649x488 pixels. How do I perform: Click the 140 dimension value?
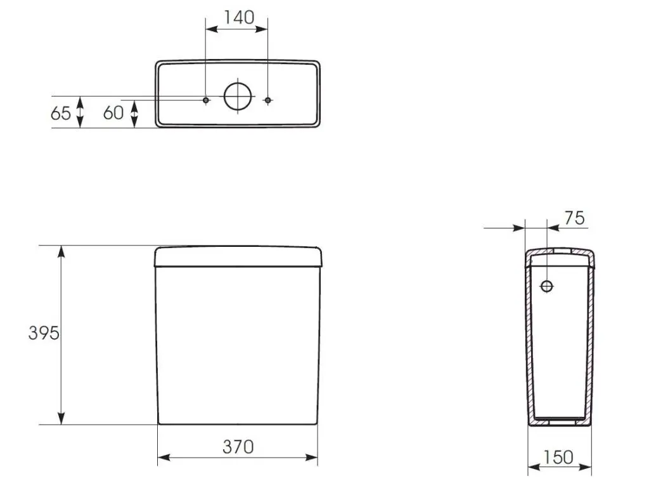(239, 17)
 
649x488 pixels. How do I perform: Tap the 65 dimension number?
(60, 113)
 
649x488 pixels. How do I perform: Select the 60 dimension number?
(113, 113)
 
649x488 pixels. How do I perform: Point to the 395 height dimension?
(44, 333)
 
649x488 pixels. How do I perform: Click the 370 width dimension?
(238, 447)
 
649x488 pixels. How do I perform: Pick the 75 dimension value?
(574, 218)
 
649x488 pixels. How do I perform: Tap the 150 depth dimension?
(558, 458)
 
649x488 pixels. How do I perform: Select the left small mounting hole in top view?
(206, 100)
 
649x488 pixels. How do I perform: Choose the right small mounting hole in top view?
(268, 100)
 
